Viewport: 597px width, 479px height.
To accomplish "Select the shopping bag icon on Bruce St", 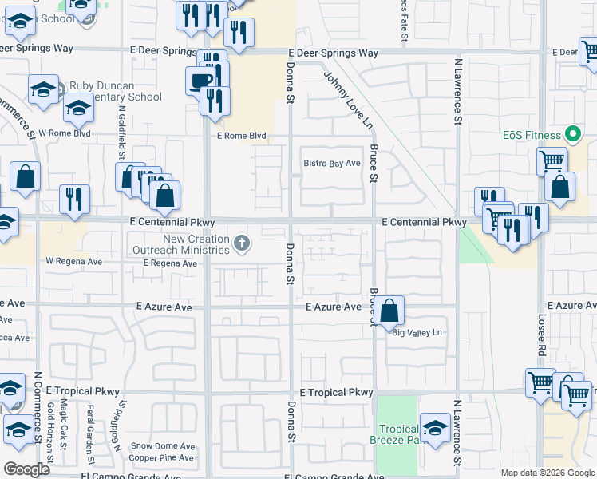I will [x=389, y=311].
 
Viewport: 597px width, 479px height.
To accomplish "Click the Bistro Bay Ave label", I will [x=332, y=164].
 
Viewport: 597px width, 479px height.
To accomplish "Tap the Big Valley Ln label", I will [x=417, y=332].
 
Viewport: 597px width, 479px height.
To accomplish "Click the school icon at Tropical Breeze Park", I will [x=436, y=428].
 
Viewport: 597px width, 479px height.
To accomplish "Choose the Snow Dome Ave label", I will [x=163, y=446].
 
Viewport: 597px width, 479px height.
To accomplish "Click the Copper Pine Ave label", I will [x=162, y=458].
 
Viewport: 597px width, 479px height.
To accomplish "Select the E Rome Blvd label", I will [x=241, y=136].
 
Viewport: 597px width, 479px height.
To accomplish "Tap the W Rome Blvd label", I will [x=65, y=133].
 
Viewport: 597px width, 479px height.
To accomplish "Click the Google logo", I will [x=27, y=469].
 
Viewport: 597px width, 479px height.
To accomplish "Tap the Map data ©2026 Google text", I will [x=547, y=472].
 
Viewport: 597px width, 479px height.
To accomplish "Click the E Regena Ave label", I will [x=164, y=263].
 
